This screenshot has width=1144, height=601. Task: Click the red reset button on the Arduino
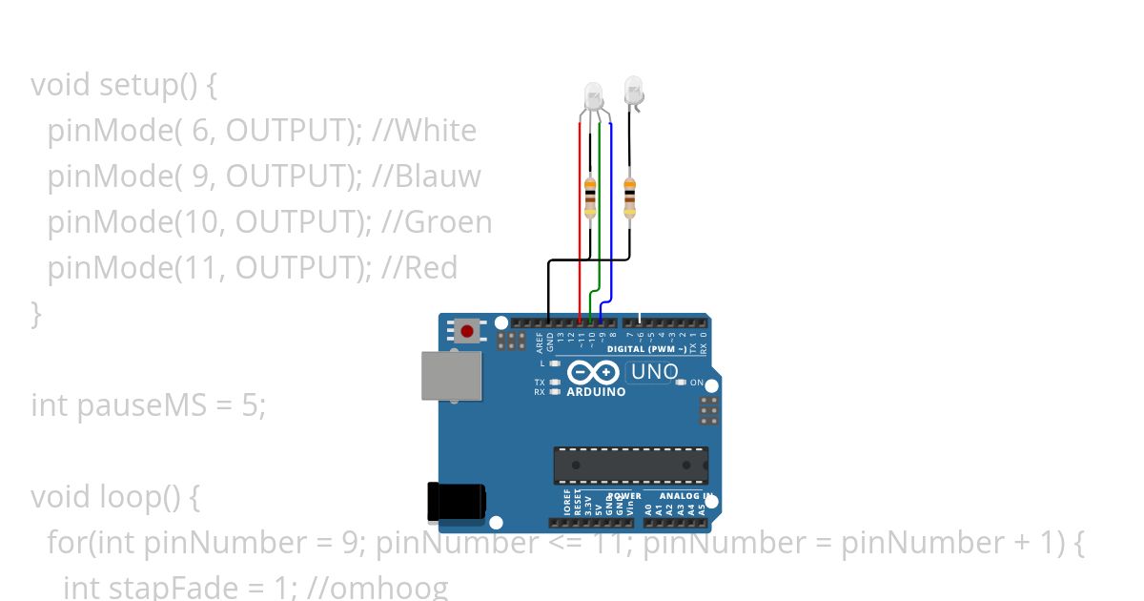pos(466,331)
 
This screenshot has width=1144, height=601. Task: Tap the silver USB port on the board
pos(452,375)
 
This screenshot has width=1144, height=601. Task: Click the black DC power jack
pos(456,502)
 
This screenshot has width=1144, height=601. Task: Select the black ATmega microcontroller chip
pos(631,465)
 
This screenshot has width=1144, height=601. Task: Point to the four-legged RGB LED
pos(593,96)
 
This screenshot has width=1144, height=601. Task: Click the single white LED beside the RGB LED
pos(633,92)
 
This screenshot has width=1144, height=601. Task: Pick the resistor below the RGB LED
pos(590,197)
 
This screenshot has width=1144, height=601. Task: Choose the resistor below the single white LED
pos(629,197)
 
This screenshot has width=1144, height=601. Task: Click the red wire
pos(580,219)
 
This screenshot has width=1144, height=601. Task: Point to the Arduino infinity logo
pos(593,372)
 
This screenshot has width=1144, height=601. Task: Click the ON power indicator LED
pos(681,383)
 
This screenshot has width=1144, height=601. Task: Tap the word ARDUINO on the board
pos(596,392)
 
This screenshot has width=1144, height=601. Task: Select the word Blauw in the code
pos(441,176)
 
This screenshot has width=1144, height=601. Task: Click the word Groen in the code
pos(449,222)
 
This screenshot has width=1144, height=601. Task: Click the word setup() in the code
pos(148,85)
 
